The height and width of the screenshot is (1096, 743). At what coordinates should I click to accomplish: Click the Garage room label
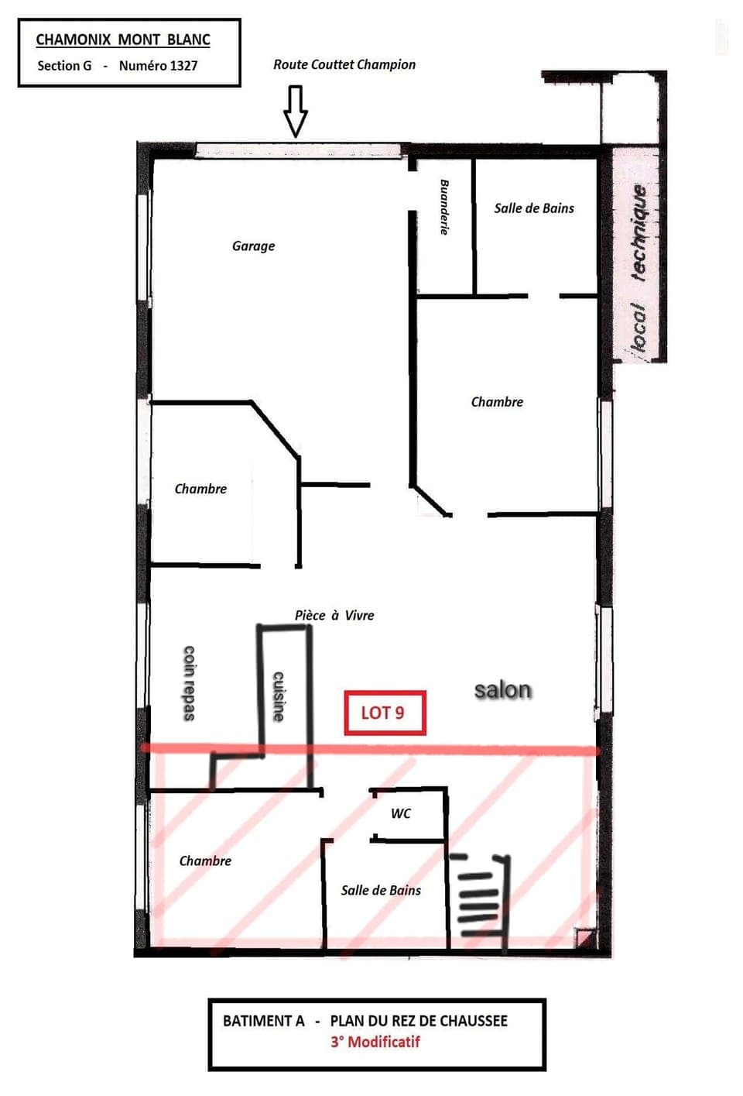[253, 246]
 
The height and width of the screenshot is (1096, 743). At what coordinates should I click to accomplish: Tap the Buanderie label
[444, 207]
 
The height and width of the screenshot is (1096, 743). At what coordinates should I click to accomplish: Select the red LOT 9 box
[385, 713]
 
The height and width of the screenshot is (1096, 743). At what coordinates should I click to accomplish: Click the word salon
[502, 689]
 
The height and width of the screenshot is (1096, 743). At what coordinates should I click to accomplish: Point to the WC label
[400, 813]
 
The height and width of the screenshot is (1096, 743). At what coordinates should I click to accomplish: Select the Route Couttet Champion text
[344, 64]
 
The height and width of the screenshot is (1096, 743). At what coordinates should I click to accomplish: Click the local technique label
[638, 267]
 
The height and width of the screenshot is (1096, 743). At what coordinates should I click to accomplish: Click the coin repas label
[189, 682]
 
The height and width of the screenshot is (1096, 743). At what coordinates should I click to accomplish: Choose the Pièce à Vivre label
[334, 615]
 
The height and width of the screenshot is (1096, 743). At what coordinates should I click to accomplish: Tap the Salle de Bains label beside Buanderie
[534, 208]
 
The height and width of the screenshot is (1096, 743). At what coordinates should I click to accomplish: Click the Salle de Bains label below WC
[381, 890]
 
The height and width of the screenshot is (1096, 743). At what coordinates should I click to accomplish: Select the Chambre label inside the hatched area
[205, 861]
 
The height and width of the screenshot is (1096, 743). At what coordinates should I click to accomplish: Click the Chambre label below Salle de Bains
[497, 401]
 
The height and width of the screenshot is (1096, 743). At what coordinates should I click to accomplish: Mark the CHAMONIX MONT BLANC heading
[123, 40]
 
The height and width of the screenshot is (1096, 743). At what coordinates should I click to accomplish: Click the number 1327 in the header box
[183, 66]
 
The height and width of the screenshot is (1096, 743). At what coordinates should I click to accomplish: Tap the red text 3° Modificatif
[375, 1042]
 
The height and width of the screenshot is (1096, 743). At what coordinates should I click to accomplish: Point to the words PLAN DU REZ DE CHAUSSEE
[419, 1021]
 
